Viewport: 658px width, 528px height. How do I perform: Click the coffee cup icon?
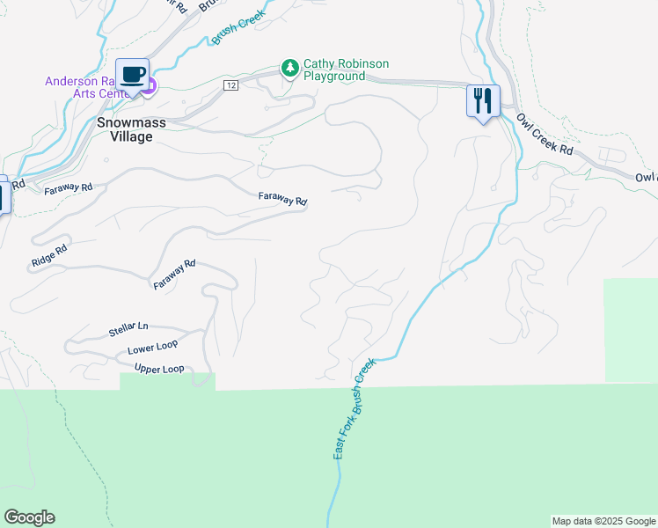coord(132,74)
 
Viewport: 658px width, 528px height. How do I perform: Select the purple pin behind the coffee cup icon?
coord(150,86)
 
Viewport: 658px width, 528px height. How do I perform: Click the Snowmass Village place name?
coord(131,129)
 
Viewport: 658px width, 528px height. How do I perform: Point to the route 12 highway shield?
coord(230,84)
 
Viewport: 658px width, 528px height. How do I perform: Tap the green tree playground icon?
coord(289,68)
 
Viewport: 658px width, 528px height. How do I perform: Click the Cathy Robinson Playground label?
coord(346,70)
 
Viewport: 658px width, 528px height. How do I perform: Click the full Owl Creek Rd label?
coord(545,136)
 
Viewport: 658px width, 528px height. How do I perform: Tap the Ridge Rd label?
coord(49,254)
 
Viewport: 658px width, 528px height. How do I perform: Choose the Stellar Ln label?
coord(129,329)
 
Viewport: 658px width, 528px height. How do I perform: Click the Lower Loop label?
coord(153,349)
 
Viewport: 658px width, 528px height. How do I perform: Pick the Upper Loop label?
coord(159,369)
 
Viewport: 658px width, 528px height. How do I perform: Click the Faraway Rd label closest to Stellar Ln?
coord(174,276)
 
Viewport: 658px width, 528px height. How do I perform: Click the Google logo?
coord(29,517)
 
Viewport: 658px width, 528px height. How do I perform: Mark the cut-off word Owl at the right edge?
coord(647,178)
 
